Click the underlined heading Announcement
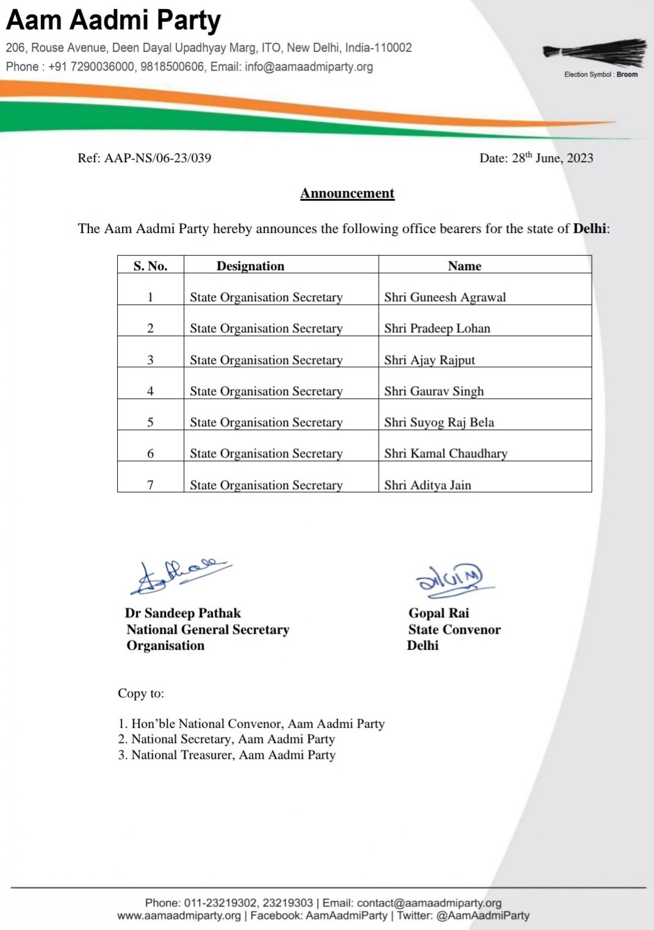pos(347,193)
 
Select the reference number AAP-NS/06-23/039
pos(157,158)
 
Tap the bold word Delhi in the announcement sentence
pos(589,229)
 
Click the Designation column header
pos(250,266)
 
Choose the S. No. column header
pos(150,266)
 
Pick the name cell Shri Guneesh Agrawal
pos(445,297)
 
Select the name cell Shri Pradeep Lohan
pos(437,328)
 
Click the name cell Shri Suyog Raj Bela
pos(439,422)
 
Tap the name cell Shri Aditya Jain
pos(427,485)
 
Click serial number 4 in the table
pos(150,391)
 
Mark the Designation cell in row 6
pos(266,453)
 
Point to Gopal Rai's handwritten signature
pos(452,579)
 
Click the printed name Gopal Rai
pos(439,613)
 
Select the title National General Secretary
pos(207,629)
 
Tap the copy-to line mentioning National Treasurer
pos(227,755)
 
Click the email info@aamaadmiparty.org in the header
pos(309,66)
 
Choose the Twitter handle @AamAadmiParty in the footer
pos(483,915)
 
